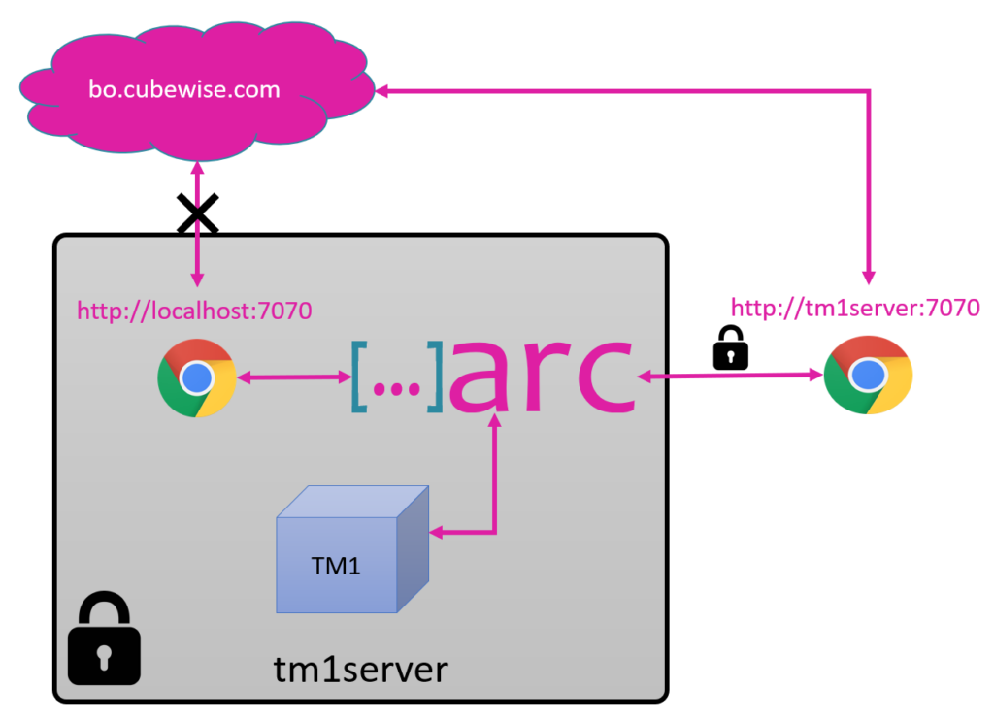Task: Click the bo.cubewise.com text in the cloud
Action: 184,90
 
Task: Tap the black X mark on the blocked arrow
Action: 197,214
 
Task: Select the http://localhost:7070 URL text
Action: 194,311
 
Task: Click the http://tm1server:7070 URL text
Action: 855,308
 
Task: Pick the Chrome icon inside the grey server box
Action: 197,377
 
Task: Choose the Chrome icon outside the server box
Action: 868,376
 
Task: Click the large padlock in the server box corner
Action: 104,639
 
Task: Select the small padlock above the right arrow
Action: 731,347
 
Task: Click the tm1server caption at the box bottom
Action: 360,670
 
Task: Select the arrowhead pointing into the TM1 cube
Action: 437,532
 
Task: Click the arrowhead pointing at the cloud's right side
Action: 383,91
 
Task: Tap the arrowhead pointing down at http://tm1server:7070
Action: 870,276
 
